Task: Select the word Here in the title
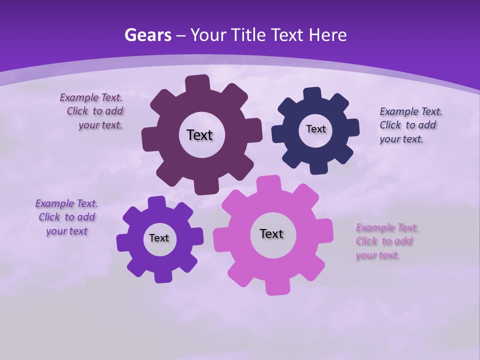tap(327, 35)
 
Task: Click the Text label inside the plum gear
tap(199, 135)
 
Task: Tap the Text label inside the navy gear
tap(315, 129)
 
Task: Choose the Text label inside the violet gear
tap(159, 238)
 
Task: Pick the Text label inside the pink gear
tap(271, 233)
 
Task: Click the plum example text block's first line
tap(91, 97)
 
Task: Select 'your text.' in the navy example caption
tap(401, 139)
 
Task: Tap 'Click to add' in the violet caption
tap(67, 217)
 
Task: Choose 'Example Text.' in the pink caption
tap(387, 227)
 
